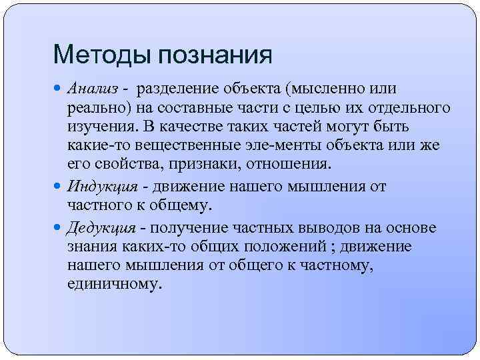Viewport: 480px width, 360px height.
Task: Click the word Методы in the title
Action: click(x=91, y=55)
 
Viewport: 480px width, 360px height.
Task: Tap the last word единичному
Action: click(x=114, y=284)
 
